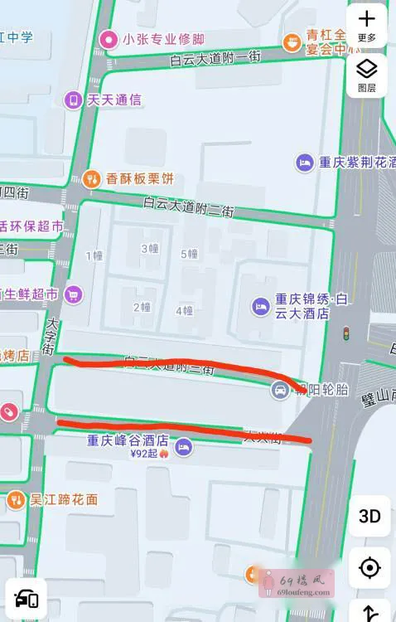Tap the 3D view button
[369, 516]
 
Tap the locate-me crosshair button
[369, 568]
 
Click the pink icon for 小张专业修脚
[109, 39]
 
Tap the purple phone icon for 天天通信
[74, 100]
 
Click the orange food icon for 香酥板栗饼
[92, 178]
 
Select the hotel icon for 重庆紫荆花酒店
[305, 163]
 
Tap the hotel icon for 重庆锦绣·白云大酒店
[262, 306]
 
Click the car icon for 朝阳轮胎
[280, 390]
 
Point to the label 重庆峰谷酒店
[128, 440]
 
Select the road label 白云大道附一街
[215, 58]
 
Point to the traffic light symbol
[346, 334]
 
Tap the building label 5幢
[190, 254]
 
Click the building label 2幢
[142, 307]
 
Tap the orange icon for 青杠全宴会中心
[292, 41]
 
